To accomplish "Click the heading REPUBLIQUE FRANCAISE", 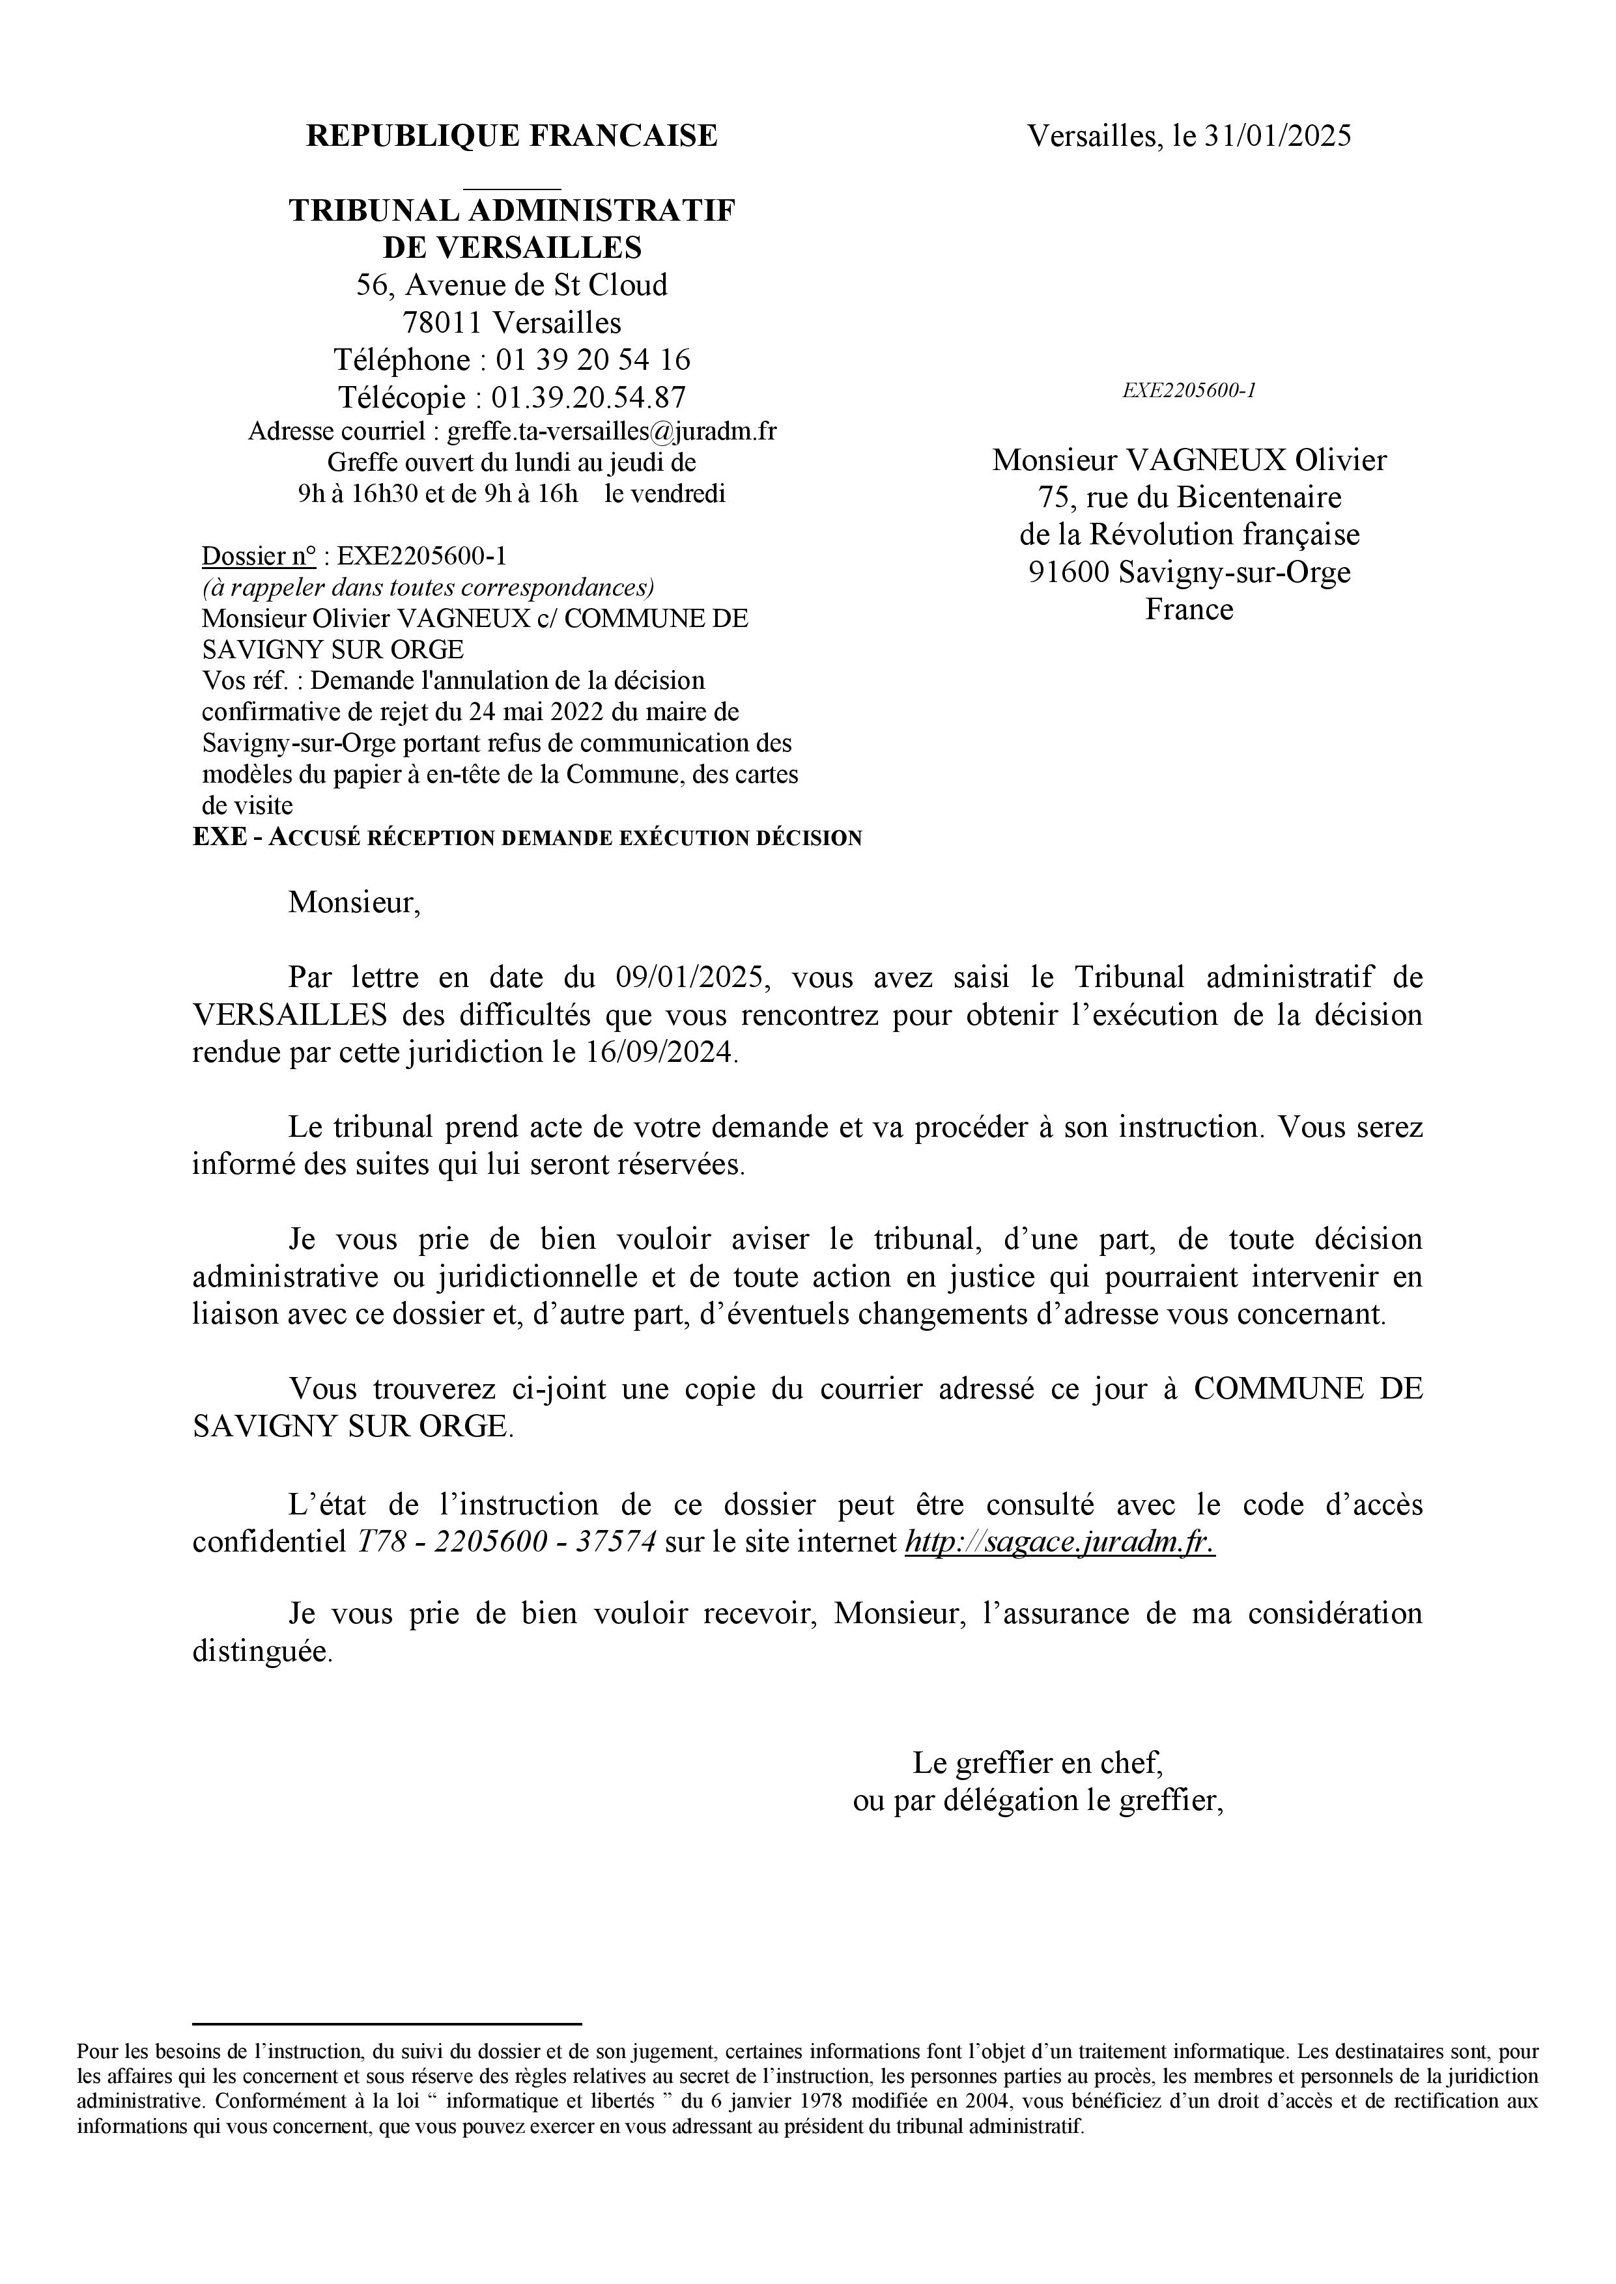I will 511,135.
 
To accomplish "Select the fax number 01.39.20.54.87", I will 588,397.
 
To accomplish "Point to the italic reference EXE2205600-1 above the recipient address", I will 1189,390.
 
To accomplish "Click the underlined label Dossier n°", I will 259,555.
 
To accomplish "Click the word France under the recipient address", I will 1189,609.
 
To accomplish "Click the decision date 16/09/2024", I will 657,1052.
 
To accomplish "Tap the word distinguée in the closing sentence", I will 261,1652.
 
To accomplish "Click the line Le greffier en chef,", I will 1038,1762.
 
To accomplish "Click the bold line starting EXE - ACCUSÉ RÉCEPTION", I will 528,837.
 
